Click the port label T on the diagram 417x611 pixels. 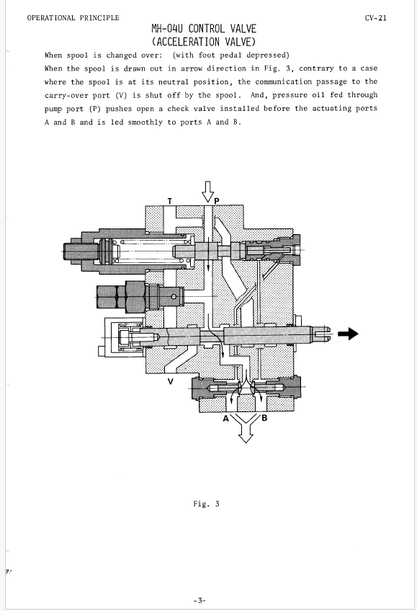pyautogui.click(x=170, y=201)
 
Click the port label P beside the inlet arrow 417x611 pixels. pyautogui.click(x=217, y=201)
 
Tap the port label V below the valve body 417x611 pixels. pyautogui.click(x=170, y=381)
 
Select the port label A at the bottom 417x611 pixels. pyautogui.click(x=226, y=419)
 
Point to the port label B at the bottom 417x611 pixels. pyautogui.click(x=264, y=419)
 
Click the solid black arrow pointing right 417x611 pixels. pyautogui.click(x=348, y=334)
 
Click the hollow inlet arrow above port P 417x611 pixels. pyautogui.click(x=208, y=192)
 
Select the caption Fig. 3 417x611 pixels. pyautogui.click(x=207, y=504)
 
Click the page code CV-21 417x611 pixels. pyautogui.click(x=376, y=18)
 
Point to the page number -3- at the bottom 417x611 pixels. pyautogui.click(x=199, y=600)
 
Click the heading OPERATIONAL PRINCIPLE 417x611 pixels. pyautogui.click(x=73, y=18)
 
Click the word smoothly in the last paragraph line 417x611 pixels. pyautogui.click(x=145, y=122)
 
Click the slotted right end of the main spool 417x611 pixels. pyautogui.click(x=322, y=334)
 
